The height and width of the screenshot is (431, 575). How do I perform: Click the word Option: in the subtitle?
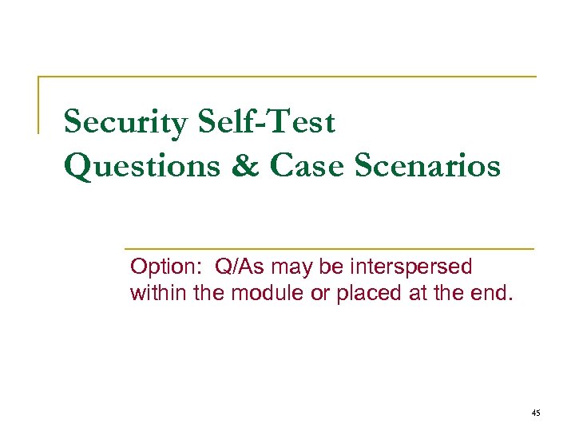(x=161, y=267)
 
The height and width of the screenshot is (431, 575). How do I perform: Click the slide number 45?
(x=535, y=413)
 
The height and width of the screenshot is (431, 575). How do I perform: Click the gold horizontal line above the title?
(x=287, y=77)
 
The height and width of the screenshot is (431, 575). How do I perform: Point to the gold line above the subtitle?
(x=327, y=248)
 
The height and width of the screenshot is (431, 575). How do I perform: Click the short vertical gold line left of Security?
(x=39, y=105)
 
